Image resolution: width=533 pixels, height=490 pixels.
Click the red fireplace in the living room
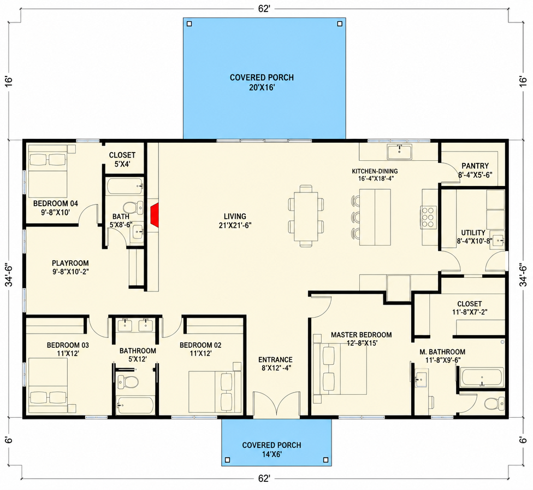pyautogui.click(x=155, y=215)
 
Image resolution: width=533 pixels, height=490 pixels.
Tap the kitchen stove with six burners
pyautogui.click(x=428, y=217)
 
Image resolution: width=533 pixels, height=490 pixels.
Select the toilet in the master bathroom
pyautogui.click(x=494, y=404)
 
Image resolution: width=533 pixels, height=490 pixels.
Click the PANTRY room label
pyautogui.click(x=475, y=166)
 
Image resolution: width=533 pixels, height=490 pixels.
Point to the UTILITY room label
pyautogui.click(x=473, y=233)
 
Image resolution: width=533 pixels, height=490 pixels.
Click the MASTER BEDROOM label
pyautogui.click(x=361, y=335)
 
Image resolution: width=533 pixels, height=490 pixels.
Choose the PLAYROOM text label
pyautogui.click(x=70, y=263)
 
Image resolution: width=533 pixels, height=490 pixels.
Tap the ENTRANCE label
pyautogui.click(x=275, y=360)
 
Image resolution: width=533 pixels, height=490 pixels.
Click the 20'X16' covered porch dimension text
pyautogui.click(x=262, y=88)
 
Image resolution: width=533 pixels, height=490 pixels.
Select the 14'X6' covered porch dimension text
pyautogui.click(x=271, y=454)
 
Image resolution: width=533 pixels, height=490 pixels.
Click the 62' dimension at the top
pyautogui.click(x=264, y=9)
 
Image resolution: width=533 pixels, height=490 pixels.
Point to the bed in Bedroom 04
pyautogui.click(x=48, y=171)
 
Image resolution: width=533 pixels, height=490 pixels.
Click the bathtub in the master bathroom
pyautogui.click(x=482, y=377)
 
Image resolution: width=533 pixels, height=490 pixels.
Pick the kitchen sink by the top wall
pyautogui.click(x=399, y=151)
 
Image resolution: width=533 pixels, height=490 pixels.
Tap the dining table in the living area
pyautogui.click(x=306, y=216)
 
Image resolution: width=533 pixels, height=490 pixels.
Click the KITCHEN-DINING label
pyautogui.click(x=375, y=171)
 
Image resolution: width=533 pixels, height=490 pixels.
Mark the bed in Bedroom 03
pyautogui.click(x=48, y=385)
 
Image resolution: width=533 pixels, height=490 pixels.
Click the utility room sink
pyautogui.click(x=497, y=241)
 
